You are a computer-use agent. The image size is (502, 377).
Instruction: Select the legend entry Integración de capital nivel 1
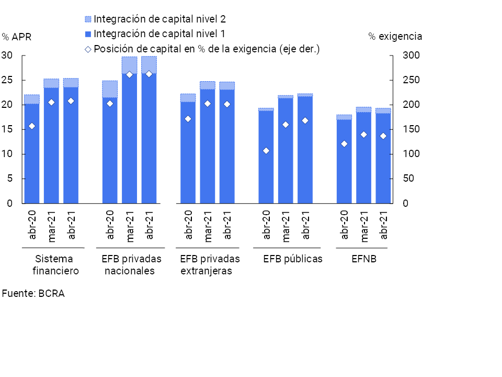click(x=155, y=34)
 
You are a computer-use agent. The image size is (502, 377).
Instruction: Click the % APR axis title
click(x=16, y=37)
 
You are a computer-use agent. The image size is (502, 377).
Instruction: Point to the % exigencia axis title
click(x=395, y=36)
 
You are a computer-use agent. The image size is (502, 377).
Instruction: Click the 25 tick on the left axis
click(x=7, y=80)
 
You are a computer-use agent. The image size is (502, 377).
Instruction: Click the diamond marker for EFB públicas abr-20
click(x=266, y=151)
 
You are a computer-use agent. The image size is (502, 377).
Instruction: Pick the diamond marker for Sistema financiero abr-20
click(x=32, y=126)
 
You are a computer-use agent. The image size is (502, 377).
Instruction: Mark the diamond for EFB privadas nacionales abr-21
click(x=149, y=74)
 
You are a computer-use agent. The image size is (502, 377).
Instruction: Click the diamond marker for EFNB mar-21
click(x=363, y=135)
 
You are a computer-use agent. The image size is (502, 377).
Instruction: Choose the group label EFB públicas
click(x=293, y=259)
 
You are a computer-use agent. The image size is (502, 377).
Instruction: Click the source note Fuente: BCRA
click(x=33, y=293)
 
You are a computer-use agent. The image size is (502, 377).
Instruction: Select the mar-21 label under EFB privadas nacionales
click(x=130, y=225)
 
